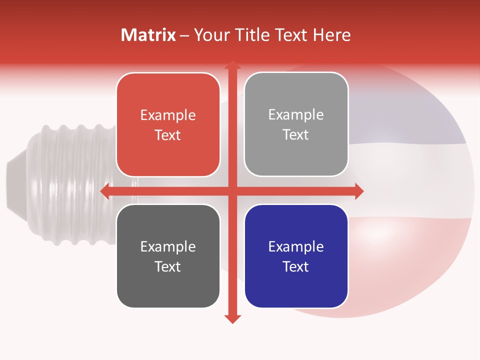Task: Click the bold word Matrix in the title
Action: (148, 35)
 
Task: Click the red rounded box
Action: (168, 125)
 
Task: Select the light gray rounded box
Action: (296, 124)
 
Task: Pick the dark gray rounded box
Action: (168, 256)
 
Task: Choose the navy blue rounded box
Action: (296, 256)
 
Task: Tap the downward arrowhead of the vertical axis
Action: (232, 318)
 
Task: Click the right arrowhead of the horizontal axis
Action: (358, 191)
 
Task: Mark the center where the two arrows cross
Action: (232, 191)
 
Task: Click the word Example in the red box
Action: (168, 115)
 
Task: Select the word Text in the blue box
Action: (296, 266)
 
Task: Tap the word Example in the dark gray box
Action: (168, 247)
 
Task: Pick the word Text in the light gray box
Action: (296, 135)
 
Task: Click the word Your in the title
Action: (210, 35)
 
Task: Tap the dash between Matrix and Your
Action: (184, 35)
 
